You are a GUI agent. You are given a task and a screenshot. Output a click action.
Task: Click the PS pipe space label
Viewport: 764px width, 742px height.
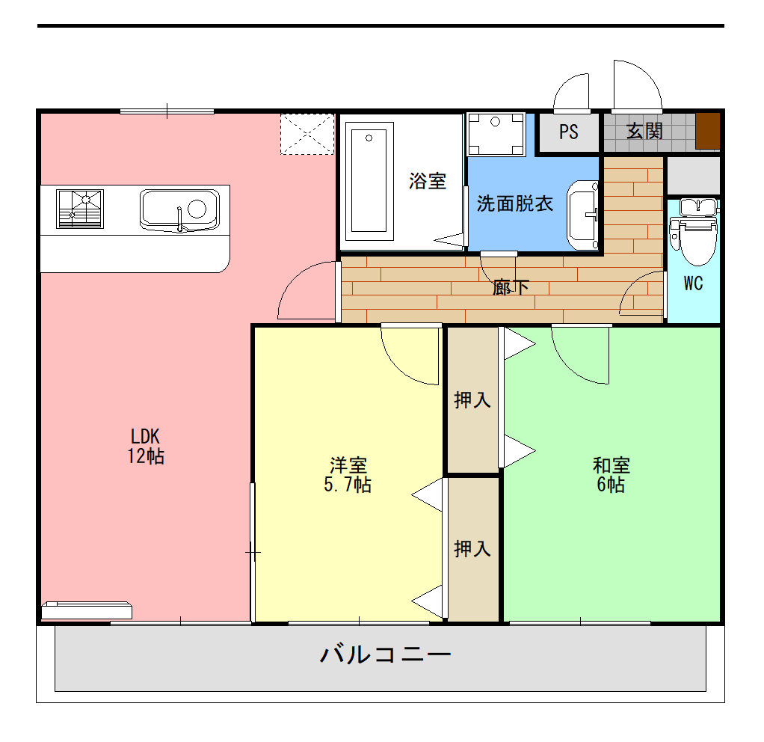click(569, 132)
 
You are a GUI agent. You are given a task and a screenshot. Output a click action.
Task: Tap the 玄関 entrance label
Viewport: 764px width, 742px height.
click(644, 132)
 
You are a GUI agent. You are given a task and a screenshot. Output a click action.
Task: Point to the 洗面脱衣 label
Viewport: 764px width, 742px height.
click(515, 203)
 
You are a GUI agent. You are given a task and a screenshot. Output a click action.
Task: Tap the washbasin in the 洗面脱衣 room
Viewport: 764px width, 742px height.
click(583, 215)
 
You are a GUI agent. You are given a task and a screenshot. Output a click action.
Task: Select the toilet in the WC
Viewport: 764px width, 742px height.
click(693, 232)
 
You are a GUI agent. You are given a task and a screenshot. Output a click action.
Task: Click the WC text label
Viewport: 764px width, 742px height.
click(693, 284)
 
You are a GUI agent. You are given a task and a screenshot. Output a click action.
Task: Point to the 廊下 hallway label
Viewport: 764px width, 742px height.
click(511, 286)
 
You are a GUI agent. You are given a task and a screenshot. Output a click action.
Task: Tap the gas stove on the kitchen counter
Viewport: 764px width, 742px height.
click(80, 209)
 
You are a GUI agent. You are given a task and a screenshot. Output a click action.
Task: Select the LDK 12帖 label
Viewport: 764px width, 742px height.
click(146, 447)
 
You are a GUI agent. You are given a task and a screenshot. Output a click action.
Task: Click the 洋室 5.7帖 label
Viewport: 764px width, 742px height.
click(348, 475)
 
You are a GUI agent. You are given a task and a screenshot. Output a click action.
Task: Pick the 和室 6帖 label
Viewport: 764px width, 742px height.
click(611, 475)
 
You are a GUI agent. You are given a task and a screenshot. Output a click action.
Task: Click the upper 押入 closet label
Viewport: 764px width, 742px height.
click(472, 400)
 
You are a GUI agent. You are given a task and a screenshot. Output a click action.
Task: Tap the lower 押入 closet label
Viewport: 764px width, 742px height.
click(472, 549)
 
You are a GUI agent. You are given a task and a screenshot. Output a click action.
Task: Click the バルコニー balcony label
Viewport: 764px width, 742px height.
click(386, 655)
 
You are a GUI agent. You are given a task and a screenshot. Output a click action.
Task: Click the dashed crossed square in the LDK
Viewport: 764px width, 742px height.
click(306, 134)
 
